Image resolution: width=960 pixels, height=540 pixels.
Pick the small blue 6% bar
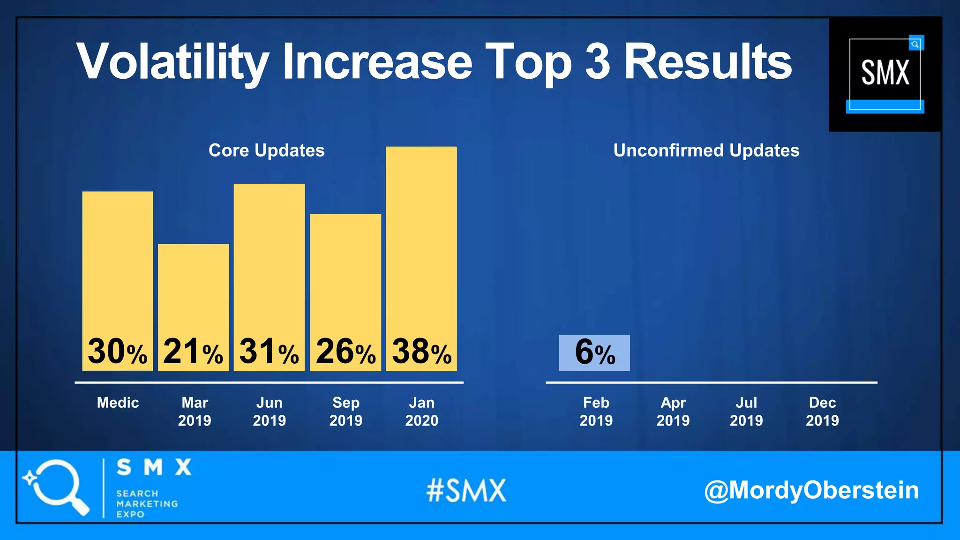[x=594, y=353]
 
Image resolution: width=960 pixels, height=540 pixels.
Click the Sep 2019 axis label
[x=346, y=411]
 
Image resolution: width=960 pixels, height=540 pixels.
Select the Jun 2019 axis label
[x=270, y=411]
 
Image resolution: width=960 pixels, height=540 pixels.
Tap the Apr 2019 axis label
[x=673, y=411]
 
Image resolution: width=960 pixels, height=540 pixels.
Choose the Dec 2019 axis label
[x=822, y=411]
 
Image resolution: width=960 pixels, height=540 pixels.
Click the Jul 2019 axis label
[x=746, y=411]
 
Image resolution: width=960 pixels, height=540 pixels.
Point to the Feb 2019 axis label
[x=596, y=411]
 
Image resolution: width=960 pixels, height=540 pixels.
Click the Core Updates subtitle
[x=266, y=150]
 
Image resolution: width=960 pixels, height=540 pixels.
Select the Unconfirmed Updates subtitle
[x=706, y=150]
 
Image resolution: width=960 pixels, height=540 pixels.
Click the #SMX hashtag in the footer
[x=466, y=490]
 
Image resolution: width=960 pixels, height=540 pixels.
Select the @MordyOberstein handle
[x=811, y=490]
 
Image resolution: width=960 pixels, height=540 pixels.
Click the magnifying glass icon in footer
[x=56, y=487]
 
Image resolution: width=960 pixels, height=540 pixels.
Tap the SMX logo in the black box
[x=885, y=74]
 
